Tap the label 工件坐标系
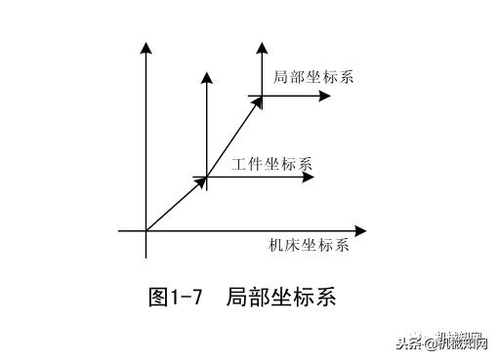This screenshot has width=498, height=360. point(271,162)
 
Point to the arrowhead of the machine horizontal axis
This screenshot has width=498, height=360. point(362,231)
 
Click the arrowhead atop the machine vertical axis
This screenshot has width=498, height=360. point(145,46)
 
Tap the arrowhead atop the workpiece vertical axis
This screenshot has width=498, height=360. point(207,74)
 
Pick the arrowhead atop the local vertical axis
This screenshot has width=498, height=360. point(261,46)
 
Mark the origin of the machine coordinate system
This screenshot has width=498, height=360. point(145,231)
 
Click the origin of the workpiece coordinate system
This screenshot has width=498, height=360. point(207,178)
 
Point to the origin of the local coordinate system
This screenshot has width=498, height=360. point(261,96)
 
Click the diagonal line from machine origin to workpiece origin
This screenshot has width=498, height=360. point(176,205)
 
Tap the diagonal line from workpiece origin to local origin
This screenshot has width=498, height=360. point(234,137)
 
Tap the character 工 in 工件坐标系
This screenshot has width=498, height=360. point(238,162)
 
